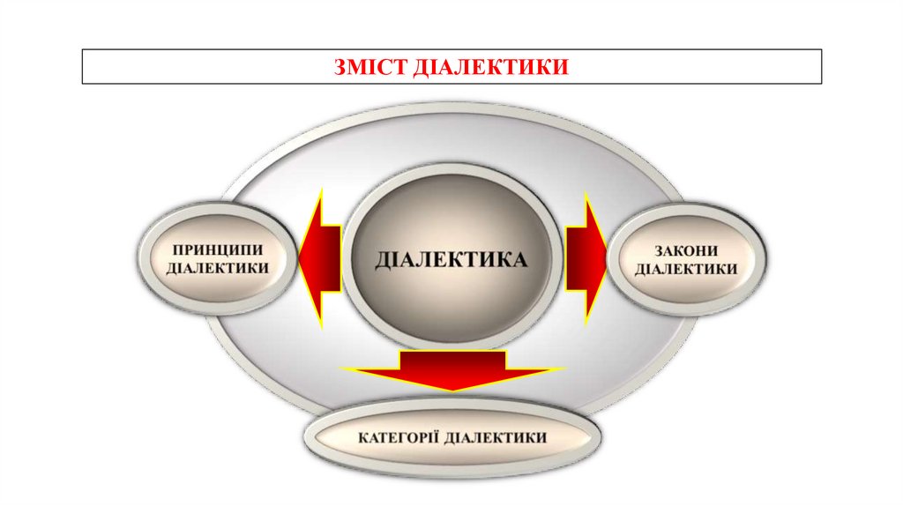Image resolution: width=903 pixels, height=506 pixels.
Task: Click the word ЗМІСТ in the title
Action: pyautogui.click(x=370, y=66)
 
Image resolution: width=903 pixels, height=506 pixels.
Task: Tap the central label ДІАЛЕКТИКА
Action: pyautogui.click(x=451, y=259)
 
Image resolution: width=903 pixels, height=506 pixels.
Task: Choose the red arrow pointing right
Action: pyautogui.click(x=585, y=257)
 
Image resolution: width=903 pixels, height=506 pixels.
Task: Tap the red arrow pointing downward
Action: pyautogui.click(x=452, y=369)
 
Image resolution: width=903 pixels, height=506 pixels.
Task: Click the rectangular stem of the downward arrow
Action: pyautogui.click(x=452, y=359)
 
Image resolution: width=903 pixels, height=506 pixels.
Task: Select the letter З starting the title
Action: pyautogui.click(x=340, y=66)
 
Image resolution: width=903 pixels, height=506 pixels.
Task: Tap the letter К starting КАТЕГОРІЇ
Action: pyautogui.click(x=363, y=437)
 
